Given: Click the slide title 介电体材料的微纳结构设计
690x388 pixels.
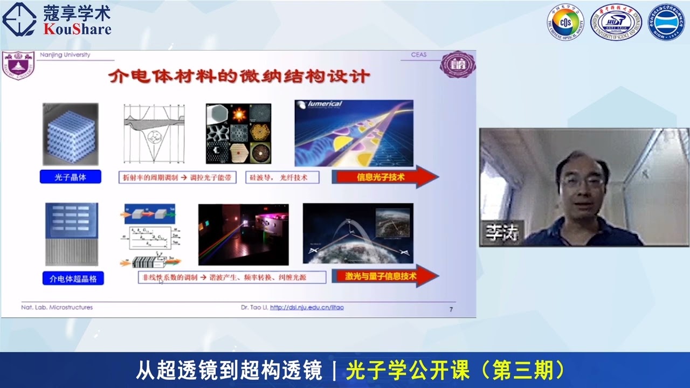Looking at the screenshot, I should point(239,76).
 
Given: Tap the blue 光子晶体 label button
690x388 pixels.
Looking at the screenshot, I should point(70,176).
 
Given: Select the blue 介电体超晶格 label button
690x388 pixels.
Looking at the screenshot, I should point(73,278).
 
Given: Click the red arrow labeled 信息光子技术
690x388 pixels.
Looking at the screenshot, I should point(384,177).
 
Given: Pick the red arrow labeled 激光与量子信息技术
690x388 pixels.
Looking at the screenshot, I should point(384,276).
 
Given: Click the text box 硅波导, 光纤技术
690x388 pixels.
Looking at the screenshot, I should point(282,177).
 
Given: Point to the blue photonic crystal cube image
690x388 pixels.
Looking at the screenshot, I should point(71,134).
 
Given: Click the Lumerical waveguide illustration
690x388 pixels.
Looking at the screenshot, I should point(354,133).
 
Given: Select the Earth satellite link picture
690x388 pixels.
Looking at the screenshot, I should point(358,233).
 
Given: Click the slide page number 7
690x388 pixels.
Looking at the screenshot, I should point(451,309).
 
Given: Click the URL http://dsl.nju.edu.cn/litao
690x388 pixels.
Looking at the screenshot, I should point(306,308).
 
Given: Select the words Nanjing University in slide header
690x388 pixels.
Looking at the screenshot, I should point(65,55).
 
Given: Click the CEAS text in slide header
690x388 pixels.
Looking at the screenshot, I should point(418,55).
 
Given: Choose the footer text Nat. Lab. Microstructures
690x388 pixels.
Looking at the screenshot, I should point(57,308).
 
